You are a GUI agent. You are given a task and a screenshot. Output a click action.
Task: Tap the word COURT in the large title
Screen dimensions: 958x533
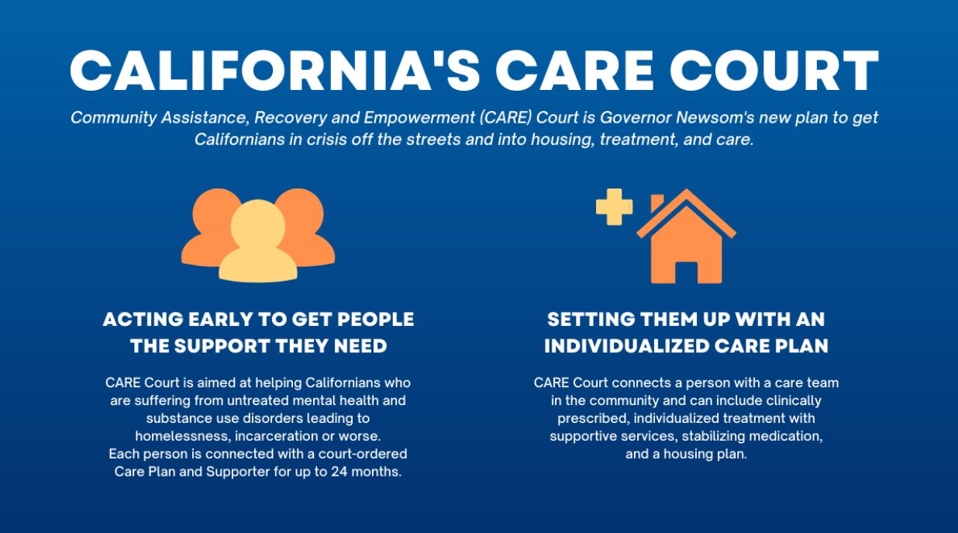click(774, 71)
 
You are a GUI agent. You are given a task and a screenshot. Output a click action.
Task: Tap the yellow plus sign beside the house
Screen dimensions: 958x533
click(614, 207)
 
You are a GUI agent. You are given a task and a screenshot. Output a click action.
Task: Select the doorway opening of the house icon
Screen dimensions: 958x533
click(687, 272)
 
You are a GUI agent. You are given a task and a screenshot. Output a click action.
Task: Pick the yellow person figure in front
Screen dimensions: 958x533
click(258, 241)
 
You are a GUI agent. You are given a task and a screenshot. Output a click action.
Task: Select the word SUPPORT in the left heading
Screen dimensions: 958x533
click(222, 346)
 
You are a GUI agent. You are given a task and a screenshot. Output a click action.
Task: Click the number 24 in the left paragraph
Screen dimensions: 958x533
click(339, 472)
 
